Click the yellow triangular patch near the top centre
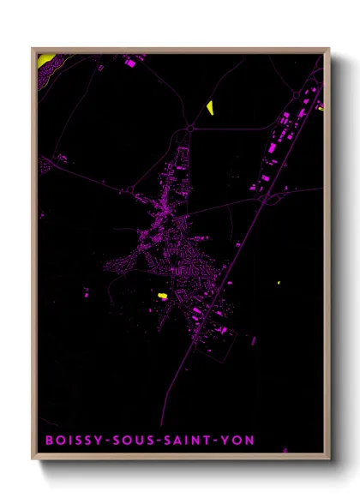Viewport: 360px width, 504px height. [x=209, y=107]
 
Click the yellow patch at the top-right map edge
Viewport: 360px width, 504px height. [x=321, y=108]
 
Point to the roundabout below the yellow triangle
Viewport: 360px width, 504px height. [x=189, y=128]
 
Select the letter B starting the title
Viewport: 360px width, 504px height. [x=48, y=441]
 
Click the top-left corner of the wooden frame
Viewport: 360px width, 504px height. [x=33, y=49]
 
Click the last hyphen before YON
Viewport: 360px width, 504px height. [x=221, y=441]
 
